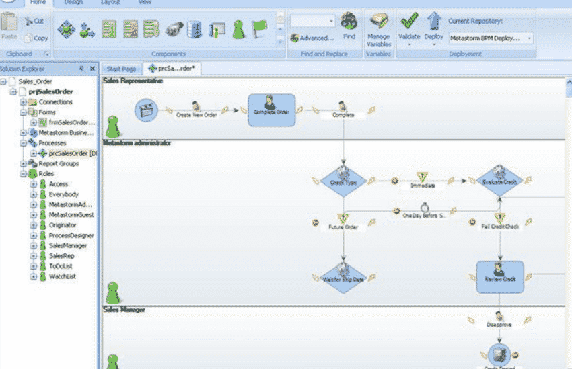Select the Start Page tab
pyautogui.click(x=121, y=69)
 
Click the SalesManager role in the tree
pyautogui.click(x=67, y=245)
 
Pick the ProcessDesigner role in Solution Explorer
pyautogui.click(x=71, y=235)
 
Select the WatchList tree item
pyautogui.click(x=63, y=276)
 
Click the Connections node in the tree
pyautogui.click(x=55, y=101)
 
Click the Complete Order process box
pyautogui.click(x=271, y=109)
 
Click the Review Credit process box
pyautogui.click(x=499, y=276)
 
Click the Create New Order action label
pyautogui.click(x=196, y=115)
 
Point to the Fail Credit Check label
pyautogui.click(x=499, y=227)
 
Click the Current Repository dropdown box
pyautogui.click(x=491, y=38)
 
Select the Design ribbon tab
pyautogui.click(x=73, y=3)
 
